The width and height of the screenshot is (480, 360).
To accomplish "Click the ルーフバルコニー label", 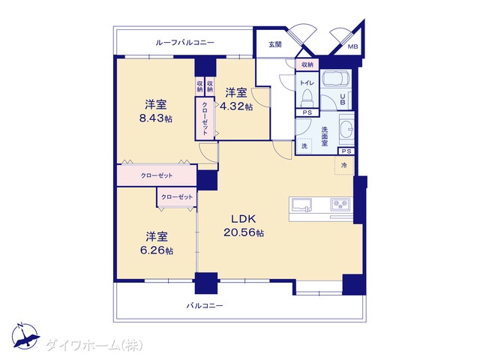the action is (x=185, y=43).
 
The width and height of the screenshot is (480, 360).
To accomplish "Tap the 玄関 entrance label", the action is (x=275, y=45).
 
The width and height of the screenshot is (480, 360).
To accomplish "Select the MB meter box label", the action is (x=353, y=46).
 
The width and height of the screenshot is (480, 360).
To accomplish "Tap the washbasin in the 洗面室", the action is (x=346, y=129).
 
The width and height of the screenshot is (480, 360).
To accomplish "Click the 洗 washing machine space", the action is (x=304, y=146).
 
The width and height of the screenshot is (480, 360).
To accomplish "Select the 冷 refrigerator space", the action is (x=344, y=165).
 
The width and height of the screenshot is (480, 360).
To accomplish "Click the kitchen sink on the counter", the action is (x=301, y=205).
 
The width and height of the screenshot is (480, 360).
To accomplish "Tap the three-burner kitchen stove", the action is (x=340, y=203).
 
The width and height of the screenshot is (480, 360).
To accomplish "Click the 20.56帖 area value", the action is (x=244, y=233).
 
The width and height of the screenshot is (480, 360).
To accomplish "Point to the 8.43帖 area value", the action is (x=156, y=118).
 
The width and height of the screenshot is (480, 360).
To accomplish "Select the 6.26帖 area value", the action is (x=157, y=250).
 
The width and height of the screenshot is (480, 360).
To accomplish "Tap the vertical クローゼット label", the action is (x=205, y=118).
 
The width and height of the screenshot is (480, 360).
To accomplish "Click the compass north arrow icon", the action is (x=25, y=336).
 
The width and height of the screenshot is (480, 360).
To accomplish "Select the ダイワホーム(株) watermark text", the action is (x=94, y=346).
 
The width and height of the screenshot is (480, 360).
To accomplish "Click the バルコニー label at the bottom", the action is (x=205, y=305).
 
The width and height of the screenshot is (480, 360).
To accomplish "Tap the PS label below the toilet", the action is (x=307, y=112).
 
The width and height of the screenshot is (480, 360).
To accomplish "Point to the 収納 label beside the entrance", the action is (x=307, y=65).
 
